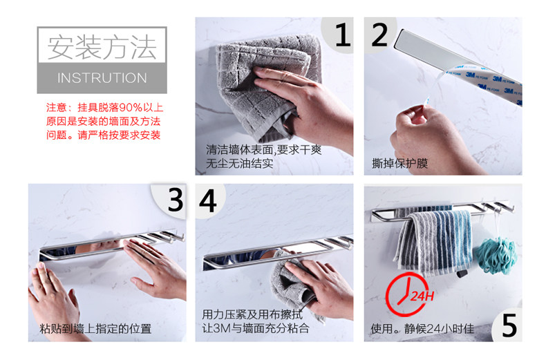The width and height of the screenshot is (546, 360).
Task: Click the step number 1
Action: (343, 35)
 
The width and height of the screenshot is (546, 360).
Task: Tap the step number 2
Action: (379, 35)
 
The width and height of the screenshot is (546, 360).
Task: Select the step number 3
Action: (175, 200)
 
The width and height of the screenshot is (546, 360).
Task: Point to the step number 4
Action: (208, 201)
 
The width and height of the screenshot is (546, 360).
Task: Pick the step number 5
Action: (509, 325)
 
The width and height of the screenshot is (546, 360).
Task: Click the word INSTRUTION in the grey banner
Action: (102, 78)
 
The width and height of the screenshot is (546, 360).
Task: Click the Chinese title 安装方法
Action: (102, 47)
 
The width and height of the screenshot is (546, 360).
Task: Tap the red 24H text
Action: (422, 296)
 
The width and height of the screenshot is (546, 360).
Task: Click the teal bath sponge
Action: (496, 255)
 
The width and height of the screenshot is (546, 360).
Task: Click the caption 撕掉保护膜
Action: (399, 163)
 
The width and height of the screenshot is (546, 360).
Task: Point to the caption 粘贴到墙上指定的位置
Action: (95, 328)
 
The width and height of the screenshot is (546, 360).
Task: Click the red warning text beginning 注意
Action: (104, 121)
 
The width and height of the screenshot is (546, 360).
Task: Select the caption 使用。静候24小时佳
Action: (422, 328)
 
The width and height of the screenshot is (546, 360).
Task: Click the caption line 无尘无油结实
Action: (240, 163)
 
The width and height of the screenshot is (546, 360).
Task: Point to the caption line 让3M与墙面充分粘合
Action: (255, 328)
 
